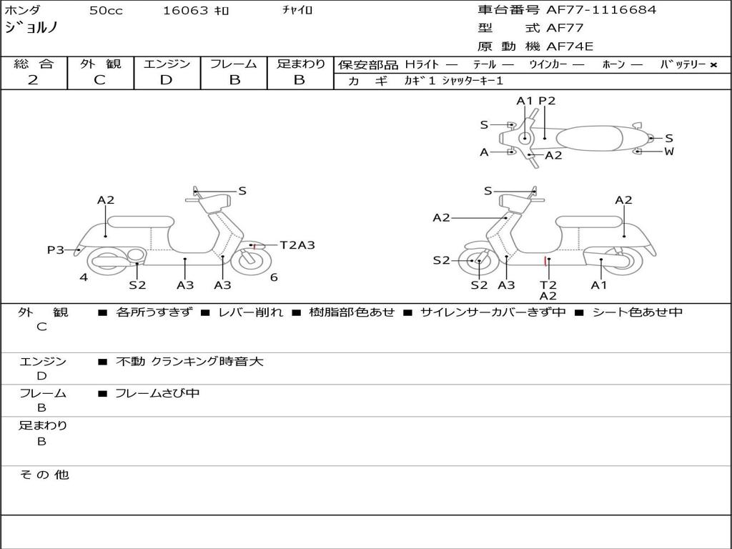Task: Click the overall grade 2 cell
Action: pyautogui.click(x=33, y=80)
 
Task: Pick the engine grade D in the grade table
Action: pyautogui.click(x=166, y=80)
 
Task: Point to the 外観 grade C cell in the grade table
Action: pyautogui.click(x=99, y=80)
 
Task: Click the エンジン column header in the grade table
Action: pyautogui.click(x=167, y=64)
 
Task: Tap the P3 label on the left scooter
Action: pyautogui.click(x=55, y=249)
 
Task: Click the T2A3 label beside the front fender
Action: pyautogui.click(x=297, y=245)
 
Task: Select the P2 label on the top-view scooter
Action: pyautogui.click(x=547, y=101)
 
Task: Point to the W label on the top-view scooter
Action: pyautogui.click(x=669, y=152)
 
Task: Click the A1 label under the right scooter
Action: pyautogui.click(x=598, y=285)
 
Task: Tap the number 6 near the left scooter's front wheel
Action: pyautogui.click(x=274, y=277)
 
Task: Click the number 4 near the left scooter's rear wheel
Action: pyautogui.click(x=84, y=277)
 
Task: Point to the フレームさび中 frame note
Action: pyautogui.click(x=157, y=393)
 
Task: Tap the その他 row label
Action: pyautogui.click(x=44, y=475)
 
